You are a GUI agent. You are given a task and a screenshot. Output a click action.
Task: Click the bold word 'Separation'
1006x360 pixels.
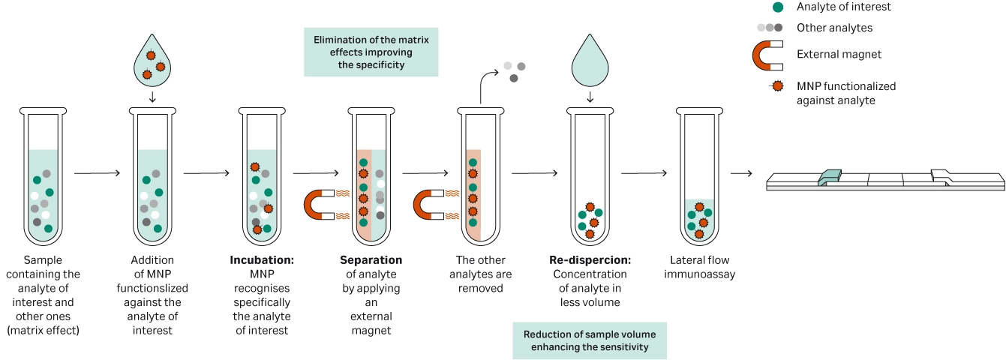point(371,260)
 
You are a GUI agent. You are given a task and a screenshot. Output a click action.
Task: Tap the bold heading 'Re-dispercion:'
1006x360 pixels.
point(589,260)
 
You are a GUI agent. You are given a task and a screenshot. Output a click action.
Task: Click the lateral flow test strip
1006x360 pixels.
point(885,179)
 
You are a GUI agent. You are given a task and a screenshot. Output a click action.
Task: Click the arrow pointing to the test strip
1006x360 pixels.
point(741,173)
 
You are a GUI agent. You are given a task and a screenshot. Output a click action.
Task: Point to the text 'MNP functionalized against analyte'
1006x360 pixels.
point(846,93)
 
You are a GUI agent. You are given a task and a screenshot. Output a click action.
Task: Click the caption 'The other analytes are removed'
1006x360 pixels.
point(480,274)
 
